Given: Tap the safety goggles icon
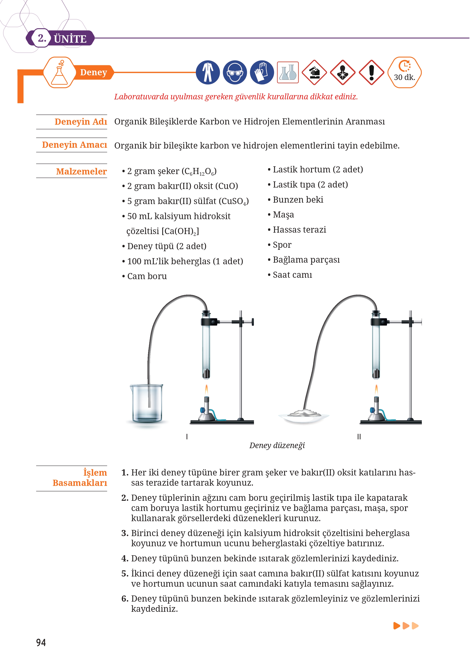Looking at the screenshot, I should click(235, 72).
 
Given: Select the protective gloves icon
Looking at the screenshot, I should click(262, 72).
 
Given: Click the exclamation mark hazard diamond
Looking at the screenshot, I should click(372, 72).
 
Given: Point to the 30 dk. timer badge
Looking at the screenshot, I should click(404, 72).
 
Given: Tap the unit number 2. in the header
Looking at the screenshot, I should click(42, 38).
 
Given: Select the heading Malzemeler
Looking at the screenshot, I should click(81, 171).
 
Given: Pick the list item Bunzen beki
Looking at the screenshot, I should click(298, 200).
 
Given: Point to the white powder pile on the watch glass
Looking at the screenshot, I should click(304, 413).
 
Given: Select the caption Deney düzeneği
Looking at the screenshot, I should click(277, 445).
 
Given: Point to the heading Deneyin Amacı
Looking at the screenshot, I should click(74, 145).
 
